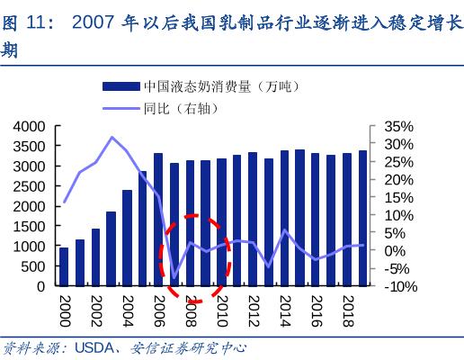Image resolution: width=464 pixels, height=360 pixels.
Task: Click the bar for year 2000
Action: coord(64,266)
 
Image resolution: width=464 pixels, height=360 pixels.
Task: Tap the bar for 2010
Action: coord(221,222)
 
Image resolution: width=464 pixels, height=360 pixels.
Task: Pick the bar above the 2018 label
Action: coord(347,220)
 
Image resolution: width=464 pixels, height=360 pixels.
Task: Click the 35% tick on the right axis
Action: coord(398,127)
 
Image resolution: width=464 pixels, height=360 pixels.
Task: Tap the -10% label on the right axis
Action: coord(399,286)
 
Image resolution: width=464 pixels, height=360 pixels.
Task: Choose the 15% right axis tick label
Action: coord(398,197)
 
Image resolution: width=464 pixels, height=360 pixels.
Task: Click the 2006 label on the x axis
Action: coord(158,308)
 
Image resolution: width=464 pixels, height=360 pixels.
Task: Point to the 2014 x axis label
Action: coord(284,308)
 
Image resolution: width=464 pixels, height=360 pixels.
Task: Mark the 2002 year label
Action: coord(95,308)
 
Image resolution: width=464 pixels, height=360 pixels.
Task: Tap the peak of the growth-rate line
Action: coord(112,138)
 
